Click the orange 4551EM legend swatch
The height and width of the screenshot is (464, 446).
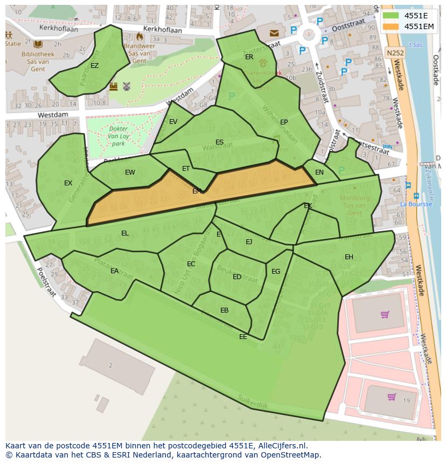pos(392,26)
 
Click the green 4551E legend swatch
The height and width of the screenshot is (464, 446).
pos(392,15)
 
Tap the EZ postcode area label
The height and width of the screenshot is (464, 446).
pos(94,66)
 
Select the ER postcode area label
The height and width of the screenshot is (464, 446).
pos(249,57)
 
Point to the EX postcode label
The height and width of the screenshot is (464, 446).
pos(68,183)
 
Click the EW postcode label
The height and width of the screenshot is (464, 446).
pos(130,172)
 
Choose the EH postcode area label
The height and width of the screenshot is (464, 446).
pos(349,257)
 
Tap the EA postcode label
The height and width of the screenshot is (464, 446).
pos(114,271)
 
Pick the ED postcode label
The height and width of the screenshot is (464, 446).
pos(237,277)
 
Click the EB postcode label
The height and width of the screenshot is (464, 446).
pos(224,310)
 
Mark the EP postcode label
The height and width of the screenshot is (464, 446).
pos(284,122)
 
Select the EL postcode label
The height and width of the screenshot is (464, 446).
pos(125,233)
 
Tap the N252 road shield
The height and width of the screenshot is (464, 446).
pos(395,53)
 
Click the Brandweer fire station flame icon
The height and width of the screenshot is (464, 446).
pos(140,37)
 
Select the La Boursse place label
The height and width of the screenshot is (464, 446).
pos(416,204)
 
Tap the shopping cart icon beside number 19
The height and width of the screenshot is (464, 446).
pos(392,397)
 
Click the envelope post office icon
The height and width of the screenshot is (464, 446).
pos(275,33)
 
